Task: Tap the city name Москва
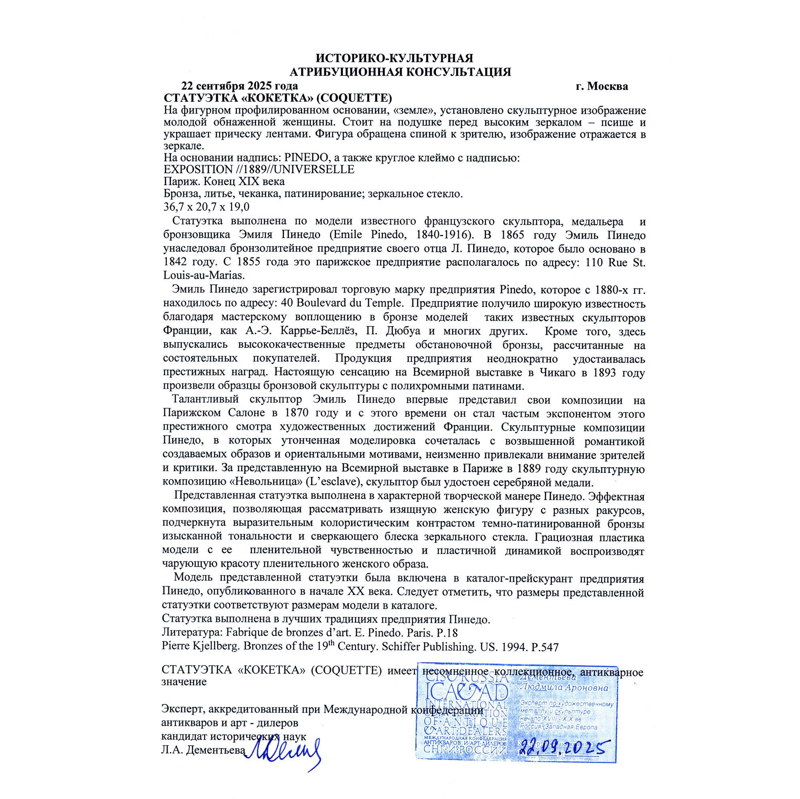point(608,86)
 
